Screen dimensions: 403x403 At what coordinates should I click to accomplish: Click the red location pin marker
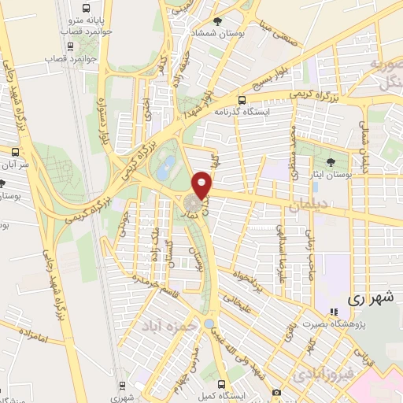pyautogui.click(x=203, y=186)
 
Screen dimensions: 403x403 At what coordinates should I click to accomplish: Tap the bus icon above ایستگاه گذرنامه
pyautogui.click(x=242, y=100)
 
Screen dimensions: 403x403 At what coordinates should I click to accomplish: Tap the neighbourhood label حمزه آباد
pyautogui.click(x=167, y=324)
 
